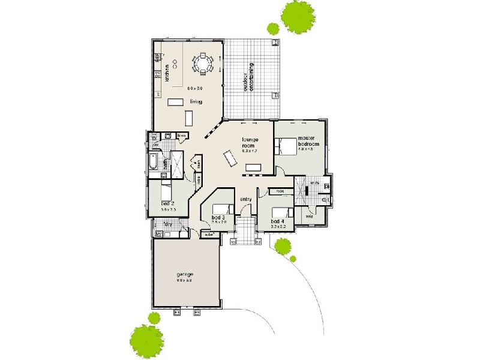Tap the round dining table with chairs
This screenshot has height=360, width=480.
tap(202, 64)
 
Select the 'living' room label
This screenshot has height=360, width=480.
tap(196, 102)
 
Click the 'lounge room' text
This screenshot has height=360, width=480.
tap(250, 142)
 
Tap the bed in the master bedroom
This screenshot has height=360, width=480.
tap(286, 146)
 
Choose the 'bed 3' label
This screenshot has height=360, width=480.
tap(218, 217)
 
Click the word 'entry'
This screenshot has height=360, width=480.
tap(245, 199)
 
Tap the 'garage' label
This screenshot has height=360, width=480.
tap(184, 274)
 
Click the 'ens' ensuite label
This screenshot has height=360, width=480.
tap(314, 183)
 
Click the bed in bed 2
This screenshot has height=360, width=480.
tap(166, 191)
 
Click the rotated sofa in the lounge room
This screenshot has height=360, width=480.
tap(230, 158)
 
